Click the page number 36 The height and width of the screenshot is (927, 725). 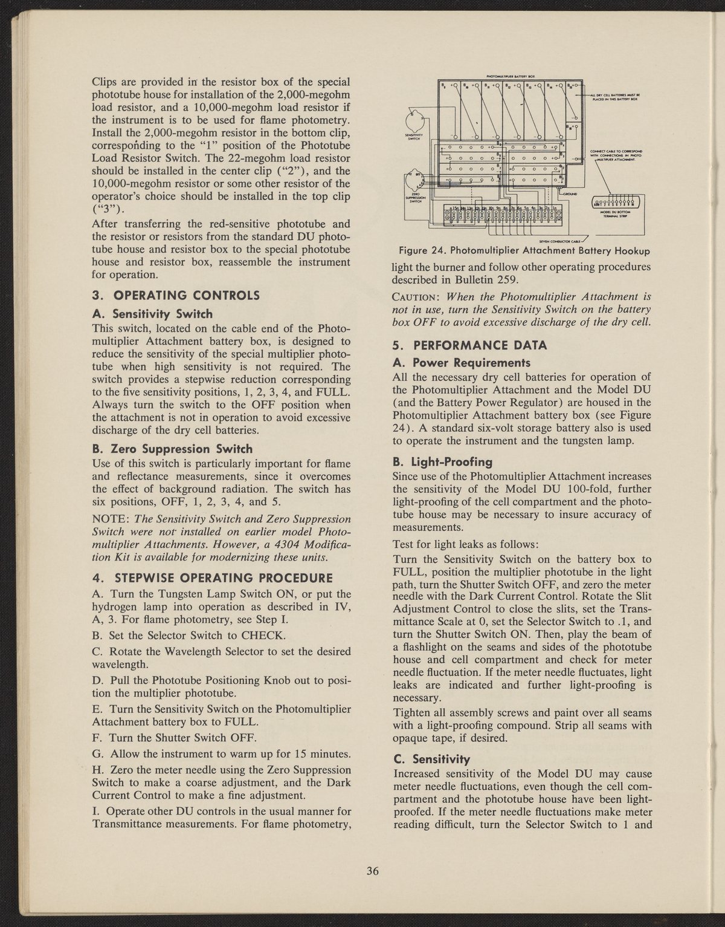tap(372, 871)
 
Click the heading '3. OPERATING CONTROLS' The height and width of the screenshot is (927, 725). tap(175, 296)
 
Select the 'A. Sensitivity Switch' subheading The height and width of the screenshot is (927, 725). tap(152, 314)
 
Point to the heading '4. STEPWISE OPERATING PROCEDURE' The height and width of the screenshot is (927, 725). tap(211, 576)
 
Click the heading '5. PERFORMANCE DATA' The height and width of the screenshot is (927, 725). tap(469, 346)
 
